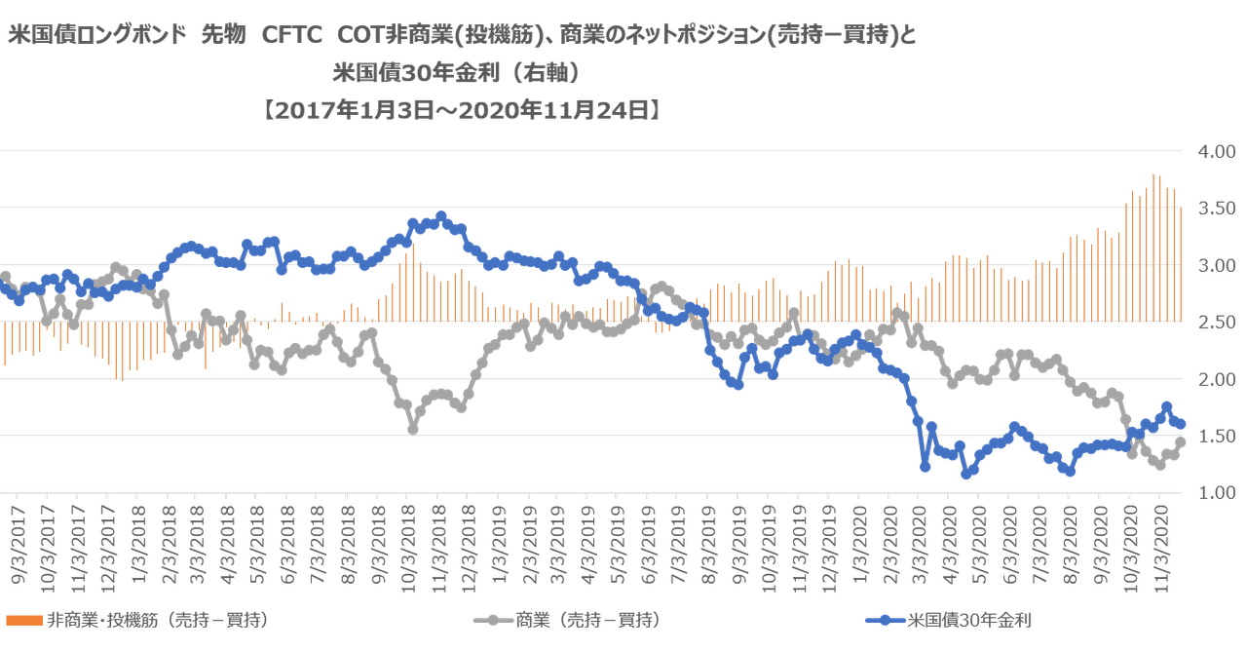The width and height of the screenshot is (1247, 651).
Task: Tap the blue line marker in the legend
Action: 886,619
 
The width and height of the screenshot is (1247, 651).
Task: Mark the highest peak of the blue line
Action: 441,214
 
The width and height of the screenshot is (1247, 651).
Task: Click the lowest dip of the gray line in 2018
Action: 413,428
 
